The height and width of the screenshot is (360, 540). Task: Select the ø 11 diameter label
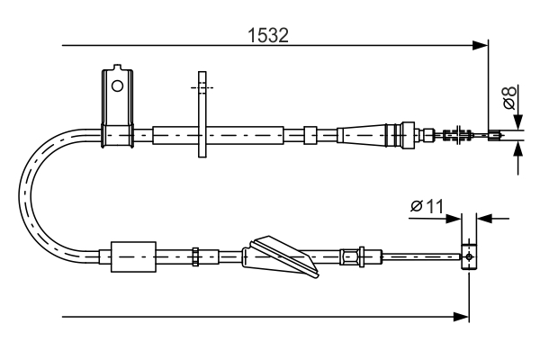[427, 206]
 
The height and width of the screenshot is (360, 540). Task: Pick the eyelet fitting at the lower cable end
[468, 256]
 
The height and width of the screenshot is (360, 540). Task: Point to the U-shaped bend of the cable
[31, 193]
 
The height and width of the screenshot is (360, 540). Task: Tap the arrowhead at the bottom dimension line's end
[463, 317]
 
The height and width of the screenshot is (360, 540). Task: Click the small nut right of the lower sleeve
[194, 257]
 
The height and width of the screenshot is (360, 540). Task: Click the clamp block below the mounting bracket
[117, 135]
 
